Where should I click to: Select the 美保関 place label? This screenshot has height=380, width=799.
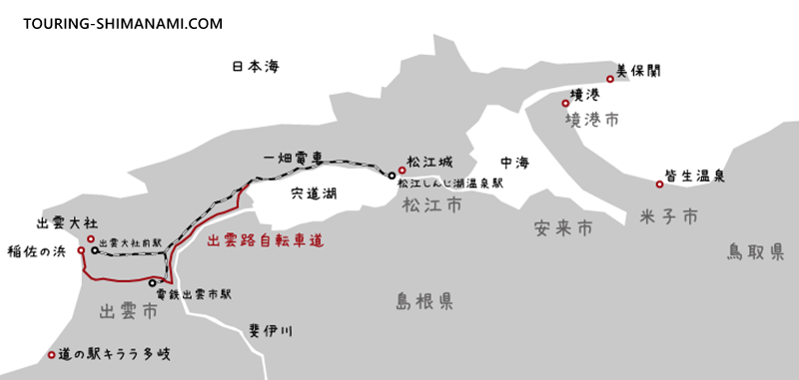point(639,71)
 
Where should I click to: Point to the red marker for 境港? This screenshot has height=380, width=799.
point(565,102)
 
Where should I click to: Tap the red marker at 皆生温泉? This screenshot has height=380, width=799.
point(659,184)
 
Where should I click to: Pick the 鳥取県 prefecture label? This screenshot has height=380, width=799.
point(755,253)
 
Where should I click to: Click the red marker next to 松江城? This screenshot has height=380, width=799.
point(399,170)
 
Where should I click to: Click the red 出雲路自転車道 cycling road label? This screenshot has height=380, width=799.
point(264,240)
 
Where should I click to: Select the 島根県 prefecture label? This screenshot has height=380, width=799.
point(424,300)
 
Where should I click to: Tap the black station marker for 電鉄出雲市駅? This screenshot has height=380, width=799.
point(152,282)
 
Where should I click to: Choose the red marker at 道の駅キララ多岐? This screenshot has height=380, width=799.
point(52,354)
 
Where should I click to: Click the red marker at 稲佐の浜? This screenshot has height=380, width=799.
point(81,251)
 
